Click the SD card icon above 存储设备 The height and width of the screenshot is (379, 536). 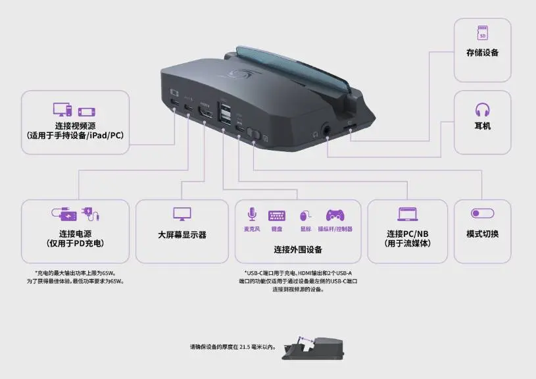tap(482, 32)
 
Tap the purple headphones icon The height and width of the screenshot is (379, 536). tap(482, 109)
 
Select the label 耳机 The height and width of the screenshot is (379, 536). tap(482, 126)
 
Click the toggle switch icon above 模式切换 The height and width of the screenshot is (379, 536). tap(482, 214)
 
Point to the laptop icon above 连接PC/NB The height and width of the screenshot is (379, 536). tap(407, 214)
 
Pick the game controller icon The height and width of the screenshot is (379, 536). tap(335, 215)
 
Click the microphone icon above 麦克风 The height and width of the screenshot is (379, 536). tap(251, 215)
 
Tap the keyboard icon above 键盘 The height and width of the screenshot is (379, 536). tap(276, 215)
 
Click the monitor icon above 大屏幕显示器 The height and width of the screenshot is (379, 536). tap(182, 214)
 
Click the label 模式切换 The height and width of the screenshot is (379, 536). tap(482, 234)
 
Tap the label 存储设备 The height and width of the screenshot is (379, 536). tap(482, 53)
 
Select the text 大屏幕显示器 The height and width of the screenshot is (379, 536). tap(182, 234)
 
